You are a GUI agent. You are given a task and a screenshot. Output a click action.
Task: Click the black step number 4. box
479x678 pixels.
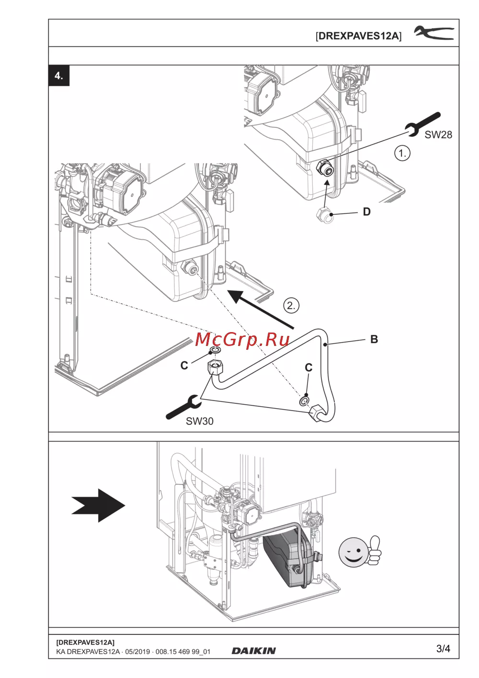coord(59,76)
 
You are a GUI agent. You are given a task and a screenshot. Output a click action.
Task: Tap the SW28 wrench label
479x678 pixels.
coord(438,135)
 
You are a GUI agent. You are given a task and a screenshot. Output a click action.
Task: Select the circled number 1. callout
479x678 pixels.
coord(402,154)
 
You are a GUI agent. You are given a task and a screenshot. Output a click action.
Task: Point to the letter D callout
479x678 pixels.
coord(366,212)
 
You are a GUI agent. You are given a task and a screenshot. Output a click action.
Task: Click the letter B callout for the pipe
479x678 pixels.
coord(374,339)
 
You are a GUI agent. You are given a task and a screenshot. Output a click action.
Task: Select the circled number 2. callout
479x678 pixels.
coord(291,305)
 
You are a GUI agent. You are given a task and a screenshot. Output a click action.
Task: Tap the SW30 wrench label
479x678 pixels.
coord(199,421)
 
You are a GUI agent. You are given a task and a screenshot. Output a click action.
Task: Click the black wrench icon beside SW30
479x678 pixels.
coord(183,407)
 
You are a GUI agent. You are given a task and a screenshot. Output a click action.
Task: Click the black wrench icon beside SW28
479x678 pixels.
coord(422,124)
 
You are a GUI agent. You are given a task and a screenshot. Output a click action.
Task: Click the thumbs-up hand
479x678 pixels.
coord(374,551)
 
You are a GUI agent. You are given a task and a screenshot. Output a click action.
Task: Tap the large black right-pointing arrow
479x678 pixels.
coord(98,505)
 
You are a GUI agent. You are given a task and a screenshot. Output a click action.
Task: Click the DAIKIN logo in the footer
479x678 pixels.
coord(253,651)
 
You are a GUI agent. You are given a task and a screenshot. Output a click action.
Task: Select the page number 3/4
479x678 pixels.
coord(443,648)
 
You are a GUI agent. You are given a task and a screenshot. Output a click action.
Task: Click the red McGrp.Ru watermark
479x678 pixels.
coord(242,340)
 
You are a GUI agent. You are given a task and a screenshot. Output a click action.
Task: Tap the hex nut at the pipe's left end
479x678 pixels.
coord(215,367)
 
